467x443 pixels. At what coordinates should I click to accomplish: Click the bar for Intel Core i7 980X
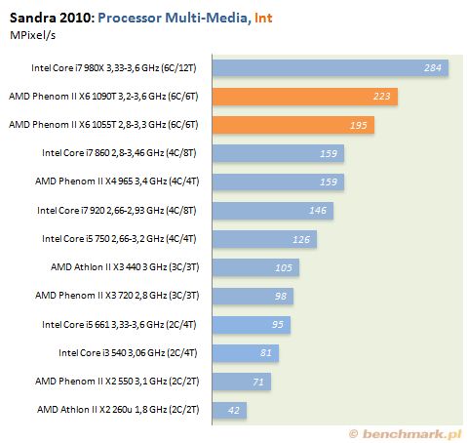click(331, 68)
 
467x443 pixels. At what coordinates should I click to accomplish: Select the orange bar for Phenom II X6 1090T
click(305, 97)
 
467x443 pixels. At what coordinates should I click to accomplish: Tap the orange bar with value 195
click(293, 125)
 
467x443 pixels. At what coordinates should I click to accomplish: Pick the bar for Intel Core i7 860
click(278, 153)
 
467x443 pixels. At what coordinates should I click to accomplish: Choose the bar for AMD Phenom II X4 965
click(278, 181)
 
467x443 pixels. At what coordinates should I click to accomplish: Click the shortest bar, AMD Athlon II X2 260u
click(229, 410)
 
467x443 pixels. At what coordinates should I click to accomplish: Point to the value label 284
click(432, 67)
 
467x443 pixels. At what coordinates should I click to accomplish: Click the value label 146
click(318, 210)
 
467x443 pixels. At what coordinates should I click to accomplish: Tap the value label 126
click(301, 239)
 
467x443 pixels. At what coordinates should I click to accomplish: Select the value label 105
click(284, 267)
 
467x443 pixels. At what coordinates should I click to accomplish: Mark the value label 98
click(281, 296)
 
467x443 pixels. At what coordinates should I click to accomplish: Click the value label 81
click(266, 352)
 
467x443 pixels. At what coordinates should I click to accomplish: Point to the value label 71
click(258, 382)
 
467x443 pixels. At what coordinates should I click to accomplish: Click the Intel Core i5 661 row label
click(119, 325)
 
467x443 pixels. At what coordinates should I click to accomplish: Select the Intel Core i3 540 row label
click(128, 353)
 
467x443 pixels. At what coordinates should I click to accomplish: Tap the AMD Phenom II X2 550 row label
click(117, 382)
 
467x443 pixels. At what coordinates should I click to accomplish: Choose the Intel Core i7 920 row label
click(117, 211)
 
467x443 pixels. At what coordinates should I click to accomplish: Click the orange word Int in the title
click(263, 18)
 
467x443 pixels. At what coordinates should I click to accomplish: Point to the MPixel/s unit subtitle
click(32, 35)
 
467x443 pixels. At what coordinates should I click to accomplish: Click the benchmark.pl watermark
click(406, 434)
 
